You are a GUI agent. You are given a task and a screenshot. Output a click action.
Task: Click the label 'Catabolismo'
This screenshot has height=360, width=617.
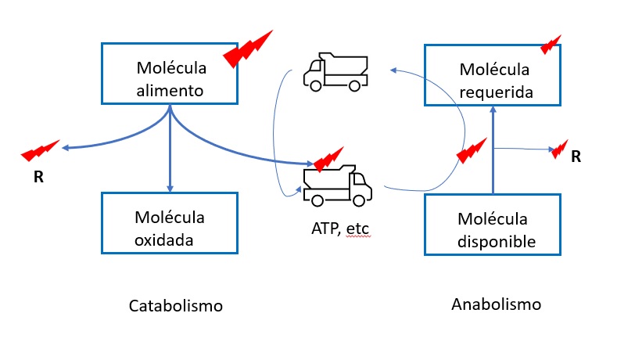pyautogui.click(x=176, y=305)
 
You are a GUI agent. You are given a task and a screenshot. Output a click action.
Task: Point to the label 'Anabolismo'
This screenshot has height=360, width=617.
pyautogui.click(x=497, y=303)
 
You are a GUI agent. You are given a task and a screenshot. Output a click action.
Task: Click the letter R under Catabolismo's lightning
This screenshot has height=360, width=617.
pyautogui.click(x=38, y=176)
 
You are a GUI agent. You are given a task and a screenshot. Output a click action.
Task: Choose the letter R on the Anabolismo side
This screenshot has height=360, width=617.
pyautogui.click(x=576, y=157)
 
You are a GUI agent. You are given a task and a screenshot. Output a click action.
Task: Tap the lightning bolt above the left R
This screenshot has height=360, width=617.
pyautogui.click(x=39, y=149)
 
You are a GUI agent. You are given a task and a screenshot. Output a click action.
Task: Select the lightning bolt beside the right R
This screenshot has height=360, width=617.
pyautogui.click(x=559, y=147)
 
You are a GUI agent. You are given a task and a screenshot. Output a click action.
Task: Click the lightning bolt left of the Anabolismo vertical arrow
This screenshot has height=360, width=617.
pyautogui.click(x=472, y=149)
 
